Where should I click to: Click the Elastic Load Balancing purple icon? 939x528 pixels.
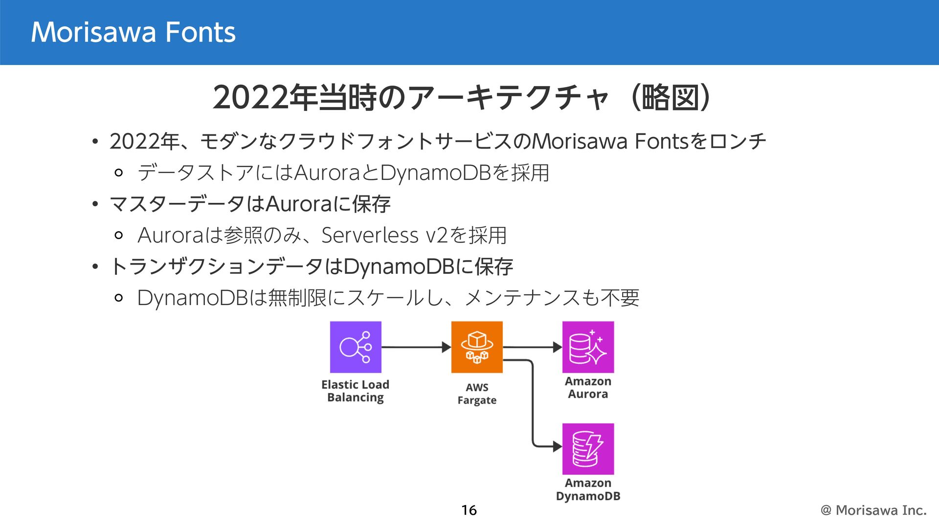[356, 347]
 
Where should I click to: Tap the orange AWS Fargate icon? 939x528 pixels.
[477, 347]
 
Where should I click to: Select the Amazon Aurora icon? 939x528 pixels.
[588, 347]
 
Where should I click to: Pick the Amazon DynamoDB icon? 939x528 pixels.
[588, 449]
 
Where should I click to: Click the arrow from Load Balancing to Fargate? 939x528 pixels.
[416, 347]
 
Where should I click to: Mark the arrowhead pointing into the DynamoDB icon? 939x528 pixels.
[557, 446]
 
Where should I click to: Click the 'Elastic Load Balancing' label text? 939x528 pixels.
[356, 391]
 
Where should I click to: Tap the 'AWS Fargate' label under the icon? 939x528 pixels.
[477, 394]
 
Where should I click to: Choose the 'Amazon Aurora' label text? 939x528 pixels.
[588, 388]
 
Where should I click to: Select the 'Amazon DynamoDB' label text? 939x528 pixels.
[588, 489]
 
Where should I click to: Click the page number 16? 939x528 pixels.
[469, 510]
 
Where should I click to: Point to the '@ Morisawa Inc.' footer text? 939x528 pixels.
[873, 510]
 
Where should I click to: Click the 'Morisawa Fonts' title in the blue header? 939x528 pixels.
[133, 32]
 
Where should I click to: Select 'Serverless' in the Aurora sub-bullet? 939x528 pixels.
[370, 236]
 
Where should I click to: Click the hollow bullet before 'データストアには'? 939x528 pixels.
[118, 173]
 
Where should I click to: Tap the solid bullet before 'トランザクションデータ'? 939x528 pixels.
[95, 267]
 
